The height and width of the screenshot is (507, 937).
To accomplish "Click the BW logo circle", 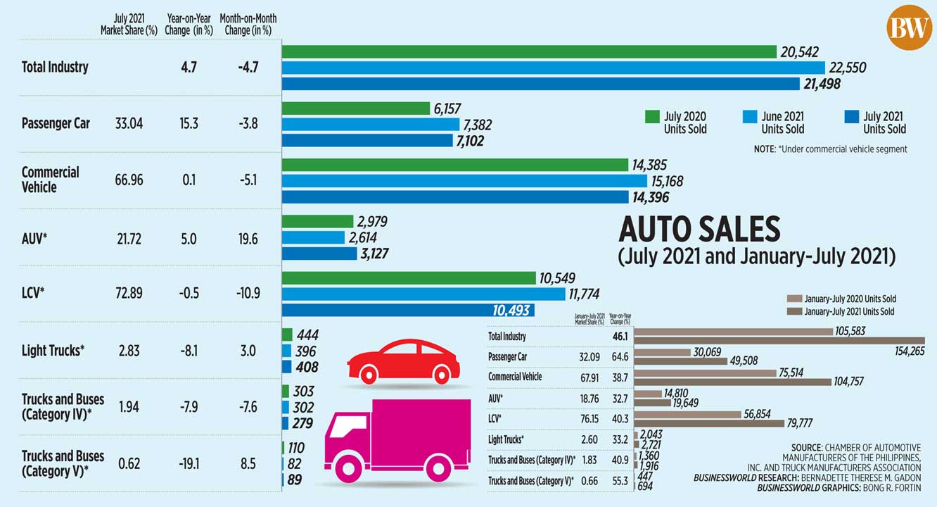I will coord(909,27).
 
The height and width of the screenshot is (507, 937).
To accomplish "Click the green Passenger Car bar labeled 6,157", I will coord(355,108).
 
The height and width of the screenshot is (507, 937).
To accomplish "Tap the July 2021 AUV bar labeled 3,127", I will coord(319,254).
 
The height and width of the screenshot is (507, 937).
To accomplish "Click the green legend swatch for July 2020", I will coord(652,117).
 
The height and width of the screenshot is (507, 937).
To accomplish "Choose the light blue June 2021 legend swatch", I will coord(749,117).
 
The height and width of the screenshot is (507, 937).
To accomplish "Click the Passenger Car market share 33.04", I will coord(129,123).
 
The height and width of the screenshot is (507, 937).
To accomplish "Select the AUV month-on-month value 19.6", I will coord(248,239).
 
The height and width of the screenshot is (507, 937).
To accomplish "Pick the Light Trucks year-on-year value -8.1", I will coord(189,350).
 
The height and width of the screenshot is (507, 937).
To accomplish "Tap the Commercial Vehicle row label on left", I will coord(50,180).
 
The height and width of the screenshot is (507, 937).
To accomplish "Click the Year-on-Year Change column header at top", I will coord(188,24).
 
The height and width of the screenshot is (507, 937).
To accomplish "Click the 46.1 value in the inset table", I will coord(620,337).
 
